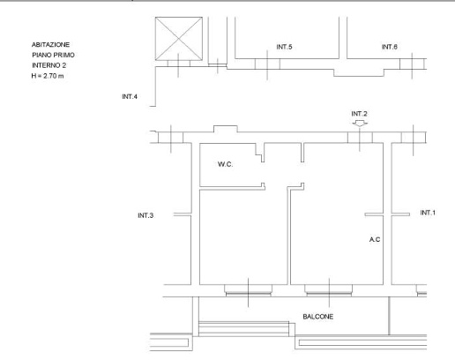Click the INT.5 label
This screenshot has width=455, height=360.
click(284, 47)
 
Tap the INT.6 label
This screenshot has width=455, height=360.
click(390, 47)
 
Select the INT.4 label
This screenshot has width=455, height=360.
click(130, 96)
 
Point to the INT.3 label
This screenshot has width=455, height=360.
click(145, 215)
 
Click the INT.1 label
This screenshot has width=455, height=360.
click(428, 213)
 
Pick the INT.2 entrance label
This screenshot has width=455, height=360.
click(359, 114)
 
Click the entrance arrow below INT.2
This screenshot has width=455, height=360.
click(360, 124)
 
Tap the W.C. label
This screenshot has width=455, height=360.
click(225, 164)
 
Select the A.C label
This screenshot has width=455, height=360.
click(375, 239)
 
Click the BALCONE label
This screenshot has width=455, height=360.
click(318, 317)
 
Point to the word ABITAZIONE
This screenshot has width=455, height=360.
click(50, 45)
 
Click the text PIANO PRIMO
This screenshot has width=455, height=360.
click(53, 55)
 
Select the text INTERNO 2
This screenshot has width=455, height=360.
click(49, 65)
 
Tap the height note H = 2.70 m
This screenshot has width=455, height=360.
click(48, 76)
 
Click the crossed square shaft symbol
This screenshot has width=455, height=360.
click(179, 39)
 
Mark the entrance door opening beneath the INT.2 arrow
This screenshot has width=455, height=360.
click(360, 138)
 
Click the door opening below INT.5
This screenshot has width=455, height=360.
click(267, 64)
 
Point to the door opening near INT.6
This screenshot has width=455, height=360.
click(412, 64)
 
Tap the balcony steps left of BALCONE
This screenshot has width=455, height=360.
click(243, 329)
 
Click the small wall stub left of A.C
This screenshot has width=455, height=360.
click(374, 214)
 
